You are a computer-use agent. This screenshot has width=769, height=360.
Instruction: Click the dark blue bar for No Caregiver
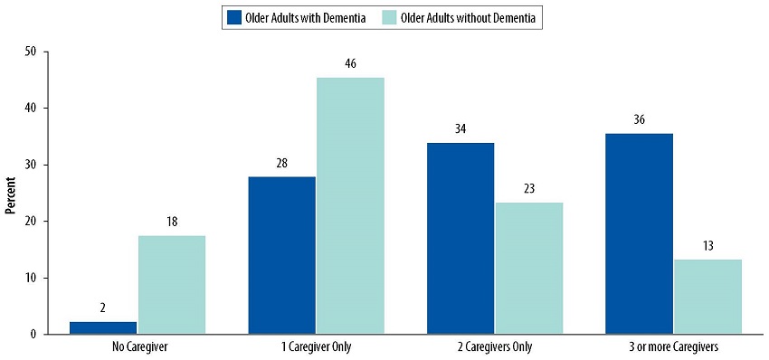pos(103,327)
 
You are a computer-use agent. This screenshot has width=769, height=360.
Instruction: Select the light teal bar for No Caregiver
pos(172,284)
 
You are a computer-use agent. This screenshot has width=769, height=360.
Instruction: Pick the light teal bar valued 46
pos(350,205)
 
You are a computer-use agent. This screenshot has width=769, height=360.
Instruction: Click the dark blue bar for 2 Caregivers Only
pos(460,238)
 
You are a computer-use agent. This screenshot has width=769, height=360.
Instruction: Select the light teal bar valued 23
pos(528,268)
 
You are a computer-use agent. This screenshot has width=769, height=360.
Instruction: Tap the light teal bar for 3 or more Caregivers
pos(707,297)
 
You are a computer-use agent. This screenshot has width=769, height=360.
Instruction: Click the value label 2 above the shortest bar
pos(103,308)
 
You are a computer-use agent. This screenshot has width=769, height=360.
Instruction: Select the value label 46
pos(350,64)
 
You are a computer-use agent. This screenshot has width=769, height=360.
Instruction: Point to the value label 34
pos(460,129)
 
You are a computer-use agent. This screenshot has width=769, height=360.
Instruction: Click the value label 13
pos(707,246)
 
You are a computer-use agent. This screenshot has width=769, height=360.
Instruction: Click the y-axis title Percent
pos(10,193)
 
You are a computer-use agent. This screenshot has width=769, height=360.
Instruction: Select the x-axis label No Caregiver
pos(138,347)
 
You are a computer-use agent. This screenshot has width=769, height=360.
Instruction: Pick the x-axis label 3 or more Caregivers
pos(673,347)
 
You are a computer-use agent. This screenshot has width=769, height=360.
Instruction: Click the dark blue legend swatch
pos(235,17)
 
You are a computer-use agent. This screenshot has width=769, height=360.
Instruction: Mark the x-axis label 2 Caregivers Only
pos(495,347)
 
